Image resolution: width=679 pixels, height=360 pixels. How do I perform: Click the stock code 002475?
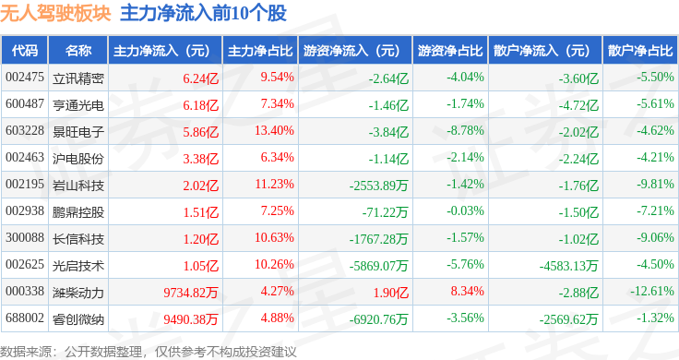(x=25, y=78)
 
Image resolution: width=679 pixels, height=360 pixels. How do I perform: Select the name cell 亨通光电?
(x=77, y=105)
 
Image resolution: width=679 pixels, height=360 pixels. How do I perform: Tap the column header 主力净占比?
(x=260, y=51)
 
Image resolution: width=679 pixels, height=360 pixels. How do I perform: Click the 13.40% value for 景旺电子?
(x=274, y=130)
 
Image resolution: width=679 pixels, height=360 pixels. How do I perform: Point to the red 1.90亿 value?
(x=391, y=293)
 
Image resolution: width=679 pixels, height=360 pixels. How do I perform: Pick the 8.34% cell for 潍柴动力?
(x=467, y=291)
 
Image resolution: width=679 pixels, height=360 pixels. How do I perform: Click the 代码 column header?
(x=25, y=51)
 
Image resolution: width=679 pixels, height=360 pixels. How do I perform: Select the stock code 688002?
(x=25, y=318)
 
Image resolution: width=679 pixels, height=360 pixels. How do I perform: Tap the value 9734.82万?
(x=191, y=293)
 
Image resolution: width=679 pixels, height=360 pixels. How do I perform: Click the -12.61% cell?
(x=651, y=291)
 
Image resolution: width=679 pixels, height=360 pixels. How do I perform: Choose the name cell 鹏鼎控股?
(x=77, y=211)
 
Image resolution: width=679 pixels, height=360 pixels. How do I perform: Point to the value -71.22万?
(x=385, y=212)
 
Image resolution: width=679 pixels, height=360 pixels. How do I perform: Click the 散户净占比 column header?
(x=640, y=51)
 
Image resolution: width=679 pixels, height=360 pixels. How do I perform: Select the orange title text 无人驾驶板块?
(x=55, y=13)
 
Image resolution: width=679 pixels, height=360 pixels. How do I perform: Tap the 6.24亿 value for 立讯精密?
(x=201, y=78)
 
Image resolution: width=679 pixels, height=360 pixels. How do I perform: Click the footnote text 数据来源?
(x=26, y=352)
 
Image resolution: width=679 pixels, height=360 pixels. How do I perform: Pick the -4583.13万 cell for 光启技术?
(x=568, y=266)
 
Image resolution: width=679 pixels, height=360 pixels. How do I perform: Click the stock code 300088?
(x=25, y=238)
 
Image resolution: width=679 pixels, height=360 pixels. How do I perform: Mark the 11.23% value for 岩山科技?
(x=274, y=184)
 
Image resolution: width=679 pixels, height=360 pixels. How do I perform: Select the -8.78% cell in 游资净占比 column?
(x=466, y=130)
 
